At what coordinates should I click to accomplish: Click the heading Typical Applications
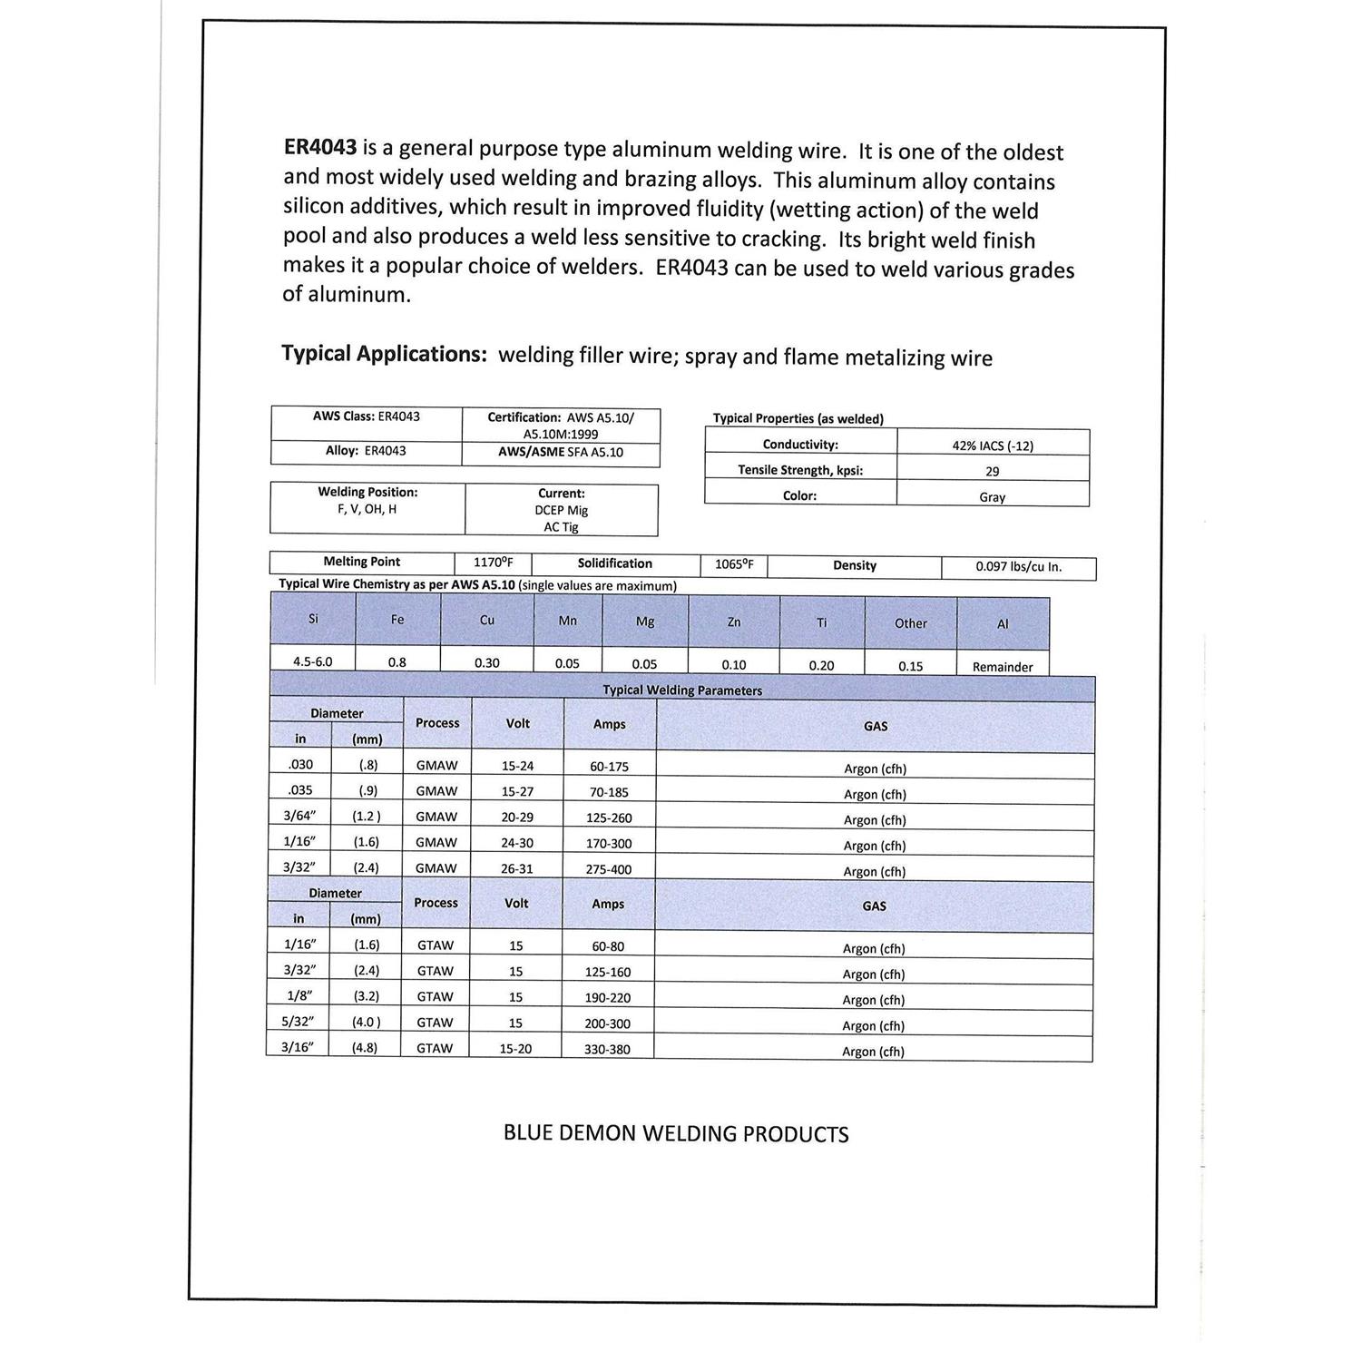[384, 353]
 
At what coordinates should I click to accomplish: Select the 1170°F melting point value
[493, 563]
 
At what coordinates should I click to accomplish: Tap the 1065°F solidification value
[734, 564]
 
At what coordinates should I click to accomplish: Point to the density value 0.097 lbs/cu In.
[1018, 567]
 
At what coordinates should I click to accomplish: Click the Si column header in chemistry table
[313, 620]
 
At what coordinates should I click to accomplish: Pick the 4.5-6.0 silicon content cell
[312, 661]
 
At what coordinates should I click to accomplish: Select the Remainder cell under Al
[1003, 667]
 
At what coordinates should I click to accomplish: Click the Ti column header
[821, 622]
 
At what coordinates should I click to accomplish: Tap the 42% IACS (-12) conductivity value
[993, 446]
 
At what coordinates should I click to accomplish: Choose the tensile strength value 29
[993, 472]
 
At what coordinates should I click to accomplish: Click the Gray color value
[993, 497]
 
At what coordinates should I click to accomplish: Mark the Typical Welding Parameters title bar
[682, 690]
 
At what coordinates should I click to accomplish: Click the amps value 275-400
[610, 869]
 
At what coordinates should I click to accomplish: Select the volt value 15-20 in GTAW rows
[515, 1049]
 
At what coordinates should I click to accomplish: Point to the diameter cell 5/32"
[298, 1022]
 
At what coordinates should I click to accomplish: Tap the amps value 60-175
[610, 767]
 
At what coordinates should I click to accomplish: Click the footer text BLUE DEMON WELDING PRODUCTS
[676, 1134]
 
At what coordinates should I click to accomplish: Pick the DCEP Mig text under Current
[561, 511]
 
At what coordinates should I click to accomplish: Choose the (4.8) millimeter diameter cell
[365, 1047]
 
